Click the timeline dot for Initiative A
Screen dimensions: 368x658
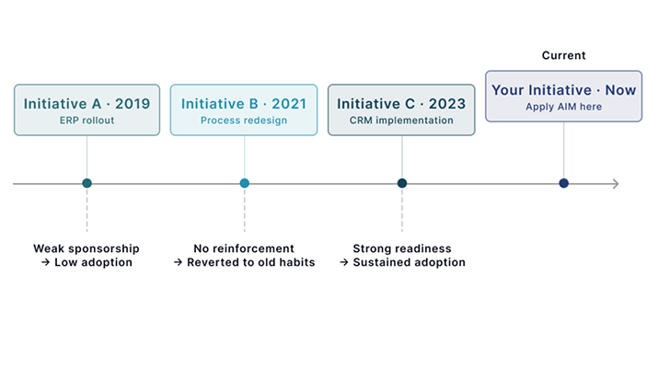87,183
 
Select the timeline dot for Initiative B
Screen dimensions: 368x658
245,183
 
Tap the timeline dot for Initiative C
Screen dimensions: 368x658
402,183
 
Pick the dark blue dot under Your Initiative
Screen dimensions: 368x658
564,183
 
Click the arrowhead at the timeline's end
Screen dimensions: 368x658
615,184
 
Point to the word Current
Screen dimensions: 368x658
563,56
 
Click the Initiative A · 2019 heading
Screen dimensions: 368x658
87,104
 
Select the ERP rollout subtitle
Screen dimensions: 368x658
87,121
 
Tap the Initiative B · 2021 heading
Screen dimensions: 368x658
244,104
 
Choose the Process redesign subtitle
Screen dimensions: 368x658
244,121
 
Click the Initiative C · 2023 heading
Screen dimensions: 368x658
401,104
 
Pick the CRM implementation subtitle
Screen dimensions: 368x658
401,121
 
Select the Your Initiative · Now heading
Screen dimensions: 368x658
563,90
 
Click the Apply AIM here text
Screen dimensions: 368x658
563,107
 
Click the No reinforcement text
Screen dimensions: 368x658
244,248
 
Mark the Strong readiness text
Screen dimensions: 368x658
401,248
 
